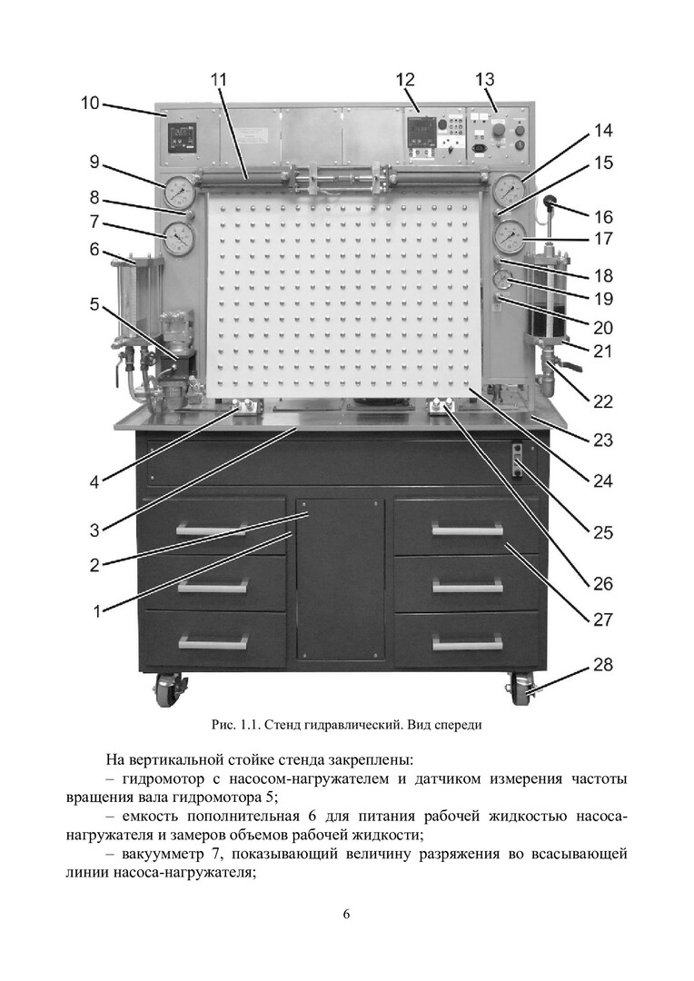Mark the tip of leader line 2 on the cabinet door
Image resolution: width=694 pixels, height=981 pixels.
pyautogui.click(x=309, y=513)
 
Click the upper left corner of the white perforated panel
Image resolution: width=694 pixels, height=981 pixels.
pyautogui.click(x=206, y=192)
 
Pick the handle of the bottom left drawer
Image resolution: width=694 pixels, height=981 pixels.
pyautogui.click(x=213, y=641)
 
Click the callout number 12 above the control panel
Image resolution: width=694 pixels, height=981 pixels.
pyautogui.click(x=404, y=79)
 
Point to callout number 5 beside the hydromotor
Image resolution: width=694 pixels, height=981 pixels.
pyautogui.click(x=94, y=304)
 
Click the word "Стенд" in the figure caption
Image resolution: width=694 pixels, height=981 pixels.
pyautogui.click(x=283, y=725)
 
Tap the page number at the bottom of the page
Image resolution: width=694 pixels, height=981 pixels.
pyautogui.click(x=347, y=914)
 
